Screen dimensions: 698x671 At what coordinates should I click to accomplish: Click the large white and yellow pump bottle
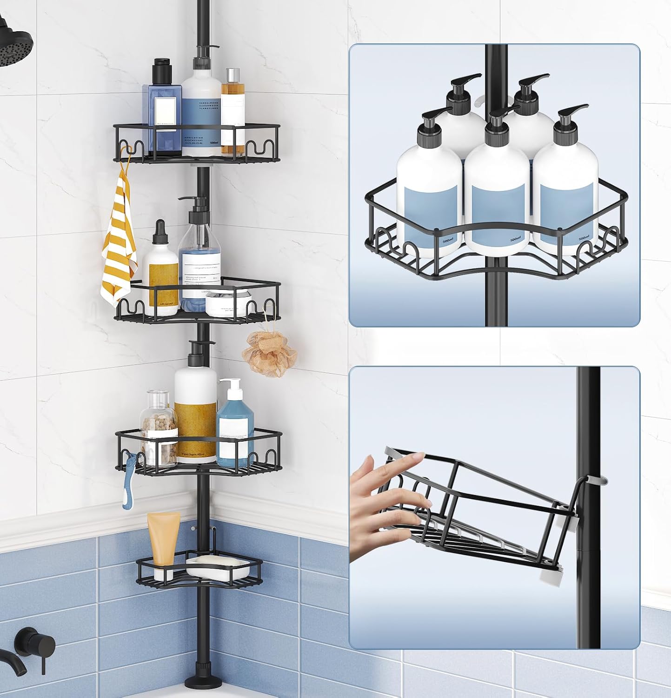pos(195,409)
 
